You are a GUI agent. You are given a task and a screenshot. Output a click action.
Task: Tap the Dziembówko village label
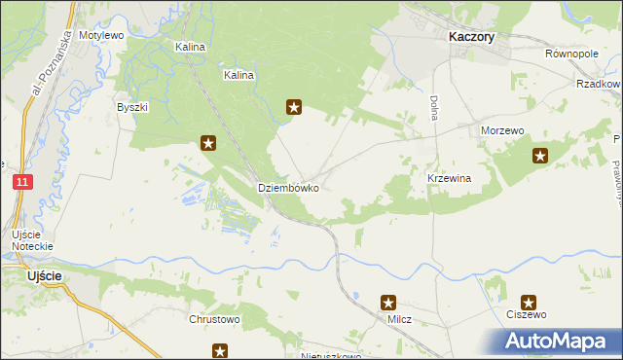pos(288,188)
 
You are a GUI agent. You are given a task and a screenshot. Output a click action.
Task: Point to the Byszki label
pos(131,107)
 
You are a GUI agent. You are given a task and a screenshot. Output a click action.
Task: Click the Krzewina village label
pos(449,179)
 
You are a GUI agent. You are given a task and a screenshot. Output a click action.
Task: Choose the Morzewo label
pos(503,130)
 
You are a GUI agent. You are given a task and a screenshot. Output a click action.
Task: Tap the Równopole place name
pos(571,54)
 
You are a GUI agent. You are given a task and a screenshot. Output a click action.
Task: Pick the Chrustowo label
pos(213,318)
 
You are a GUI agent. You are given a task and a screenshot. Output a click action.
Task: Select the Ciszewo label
pos(527,315)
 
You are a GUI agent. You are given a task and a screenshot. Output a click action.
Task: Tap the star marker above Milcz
pos(388,303)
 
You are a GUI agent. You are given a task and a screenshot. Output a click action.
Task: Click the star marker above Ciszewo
pos(529,303)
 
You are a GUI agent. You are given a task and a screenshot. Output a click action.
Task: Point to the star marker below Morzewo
pos(540,155)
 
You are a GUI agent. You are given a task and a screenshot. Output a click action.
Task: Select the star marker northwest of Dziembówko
pos(208,144)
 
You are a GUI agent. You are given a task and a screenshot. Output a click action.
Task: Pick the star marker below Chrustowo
pos(221,350)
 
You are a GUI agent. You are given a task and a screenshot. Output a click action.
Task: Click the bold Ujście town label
pos(45,276)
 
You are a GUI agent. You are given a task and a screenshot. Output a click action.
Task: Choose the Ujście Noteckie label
pos(32,240)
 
